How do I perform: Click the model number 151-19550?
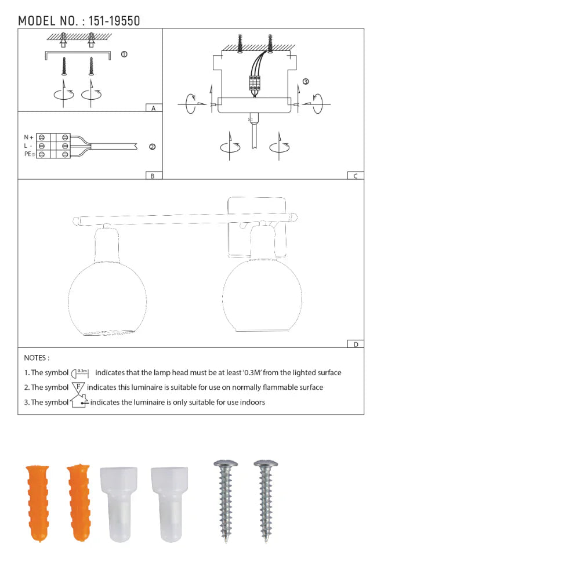114,21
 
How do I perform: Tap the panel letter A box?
153,108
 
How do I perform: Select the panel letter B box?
153,176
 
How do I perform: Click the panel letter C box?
356,176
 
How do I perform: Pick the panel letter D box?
356,344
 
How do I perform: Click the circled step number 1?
124,54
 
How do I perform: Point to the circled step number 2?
152,147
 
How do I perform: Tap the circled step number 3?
306,82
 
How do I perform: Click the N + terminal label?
28,137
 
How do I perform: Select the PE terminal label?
28,154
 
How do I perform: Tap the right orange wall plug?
79,502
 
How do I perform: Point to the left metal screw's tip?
226,541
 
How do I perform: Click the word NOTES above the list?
37,358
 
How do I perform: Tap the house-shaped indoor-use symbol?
78,401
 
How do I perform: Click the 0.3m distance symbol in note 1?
82,372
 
